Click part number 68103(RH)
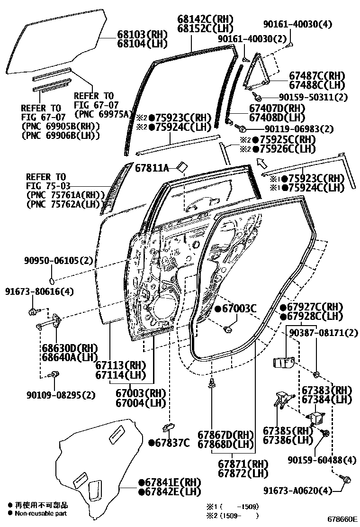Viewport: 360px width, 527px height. pyautogui.click(x=143, y=34)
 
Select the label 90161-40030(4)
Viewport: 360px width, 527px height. pyautogui.click(x=297, y=24)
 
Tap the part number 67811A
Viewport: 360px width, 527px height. pyautogui.click(x=152, y=168)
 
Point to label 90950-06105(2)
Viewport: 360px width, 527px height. pyautogui.click(x=58, y=261)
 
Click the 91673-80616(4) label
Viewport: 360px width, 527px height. pyautogui.click(x=39, y=291)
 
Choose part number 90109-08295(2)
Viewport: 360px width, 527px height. pyautogui.click(x=61, y=395)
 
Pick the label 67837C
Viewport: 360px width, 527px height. pyautogui.click(x=169, y=443)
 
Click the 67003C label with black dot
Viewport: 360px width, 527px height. pyautogui.click(x=235, y=308)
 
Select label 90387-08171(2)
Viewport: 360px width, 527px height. pyautogui.click(x=324, y=333)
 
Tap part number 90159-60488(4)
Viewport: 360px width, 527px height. pyautogui.click(x=322, y=460)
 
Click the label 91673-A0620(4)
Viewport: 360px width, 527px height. pyautogui.click(x=297, y=491)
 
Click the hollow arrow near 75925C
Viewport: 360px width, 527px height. pyautogui.click(x=261, y=164)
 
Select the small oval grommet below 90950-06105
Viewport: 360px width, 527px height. pyautogui.click(x=52, y=280)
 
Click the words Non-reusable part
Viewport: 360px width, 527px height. pyautogui.click(x=41, y=513)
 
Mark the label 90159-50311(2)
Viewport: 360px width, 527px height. pyautogui.click(x=313, y=97)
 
